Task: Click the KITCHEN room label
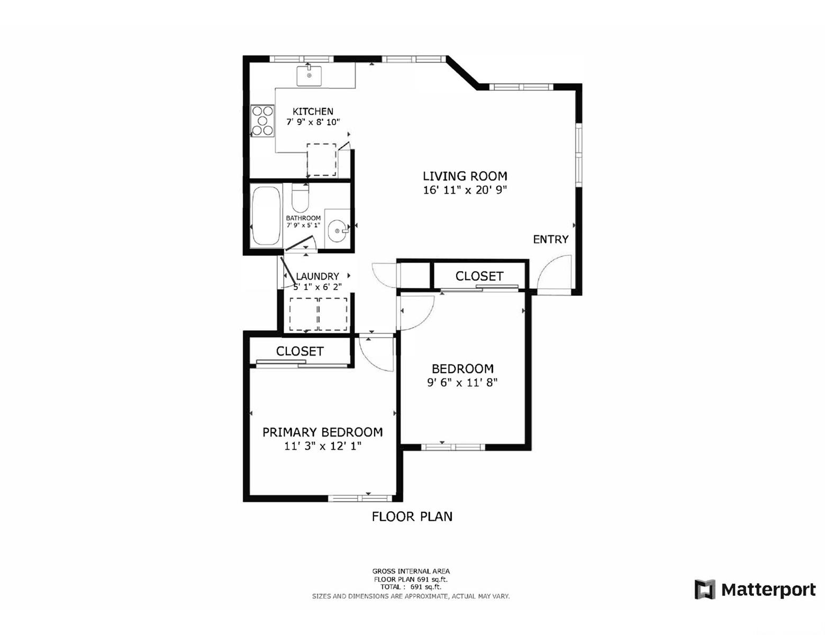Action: click(x=313, y=111)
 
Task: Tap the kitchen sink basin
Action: click(x=309, y=76)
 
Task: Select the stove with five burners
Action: click(x=262, y=121)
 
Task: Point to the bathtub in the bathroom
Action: click(x=267, y=215)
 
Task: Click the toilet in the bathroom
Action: click(x=300, y=198)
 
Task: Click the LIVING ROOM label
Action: click(x=465, y=176)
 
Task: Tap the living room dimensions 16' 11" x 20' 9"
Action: click(x=465, y=190)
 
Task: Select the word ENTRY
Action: click(x=550, y=239)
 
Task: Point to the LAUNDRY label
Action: click(x=317, y=276)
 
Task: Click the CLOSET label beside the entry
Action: click(x=479, y=276)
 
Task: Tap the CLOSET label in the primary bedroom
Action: click(x=300, y=351)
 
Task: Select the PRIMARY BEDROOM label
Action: click(x=322, y=432)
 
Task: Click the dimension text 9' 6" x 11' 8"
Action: click(x=463, y=382)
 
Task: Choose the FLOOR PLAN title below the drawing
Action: click(x=412, y=516)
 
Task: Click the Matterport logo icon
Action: click(x=705, y=589)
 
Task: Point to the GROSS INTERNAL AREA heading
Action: click(x=411, y=571)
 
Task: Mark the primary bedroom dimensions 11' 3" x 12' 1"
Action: click(x=322, y=446)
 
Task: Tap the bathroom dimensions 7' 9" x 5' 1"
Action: click(x=303, y=225)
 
